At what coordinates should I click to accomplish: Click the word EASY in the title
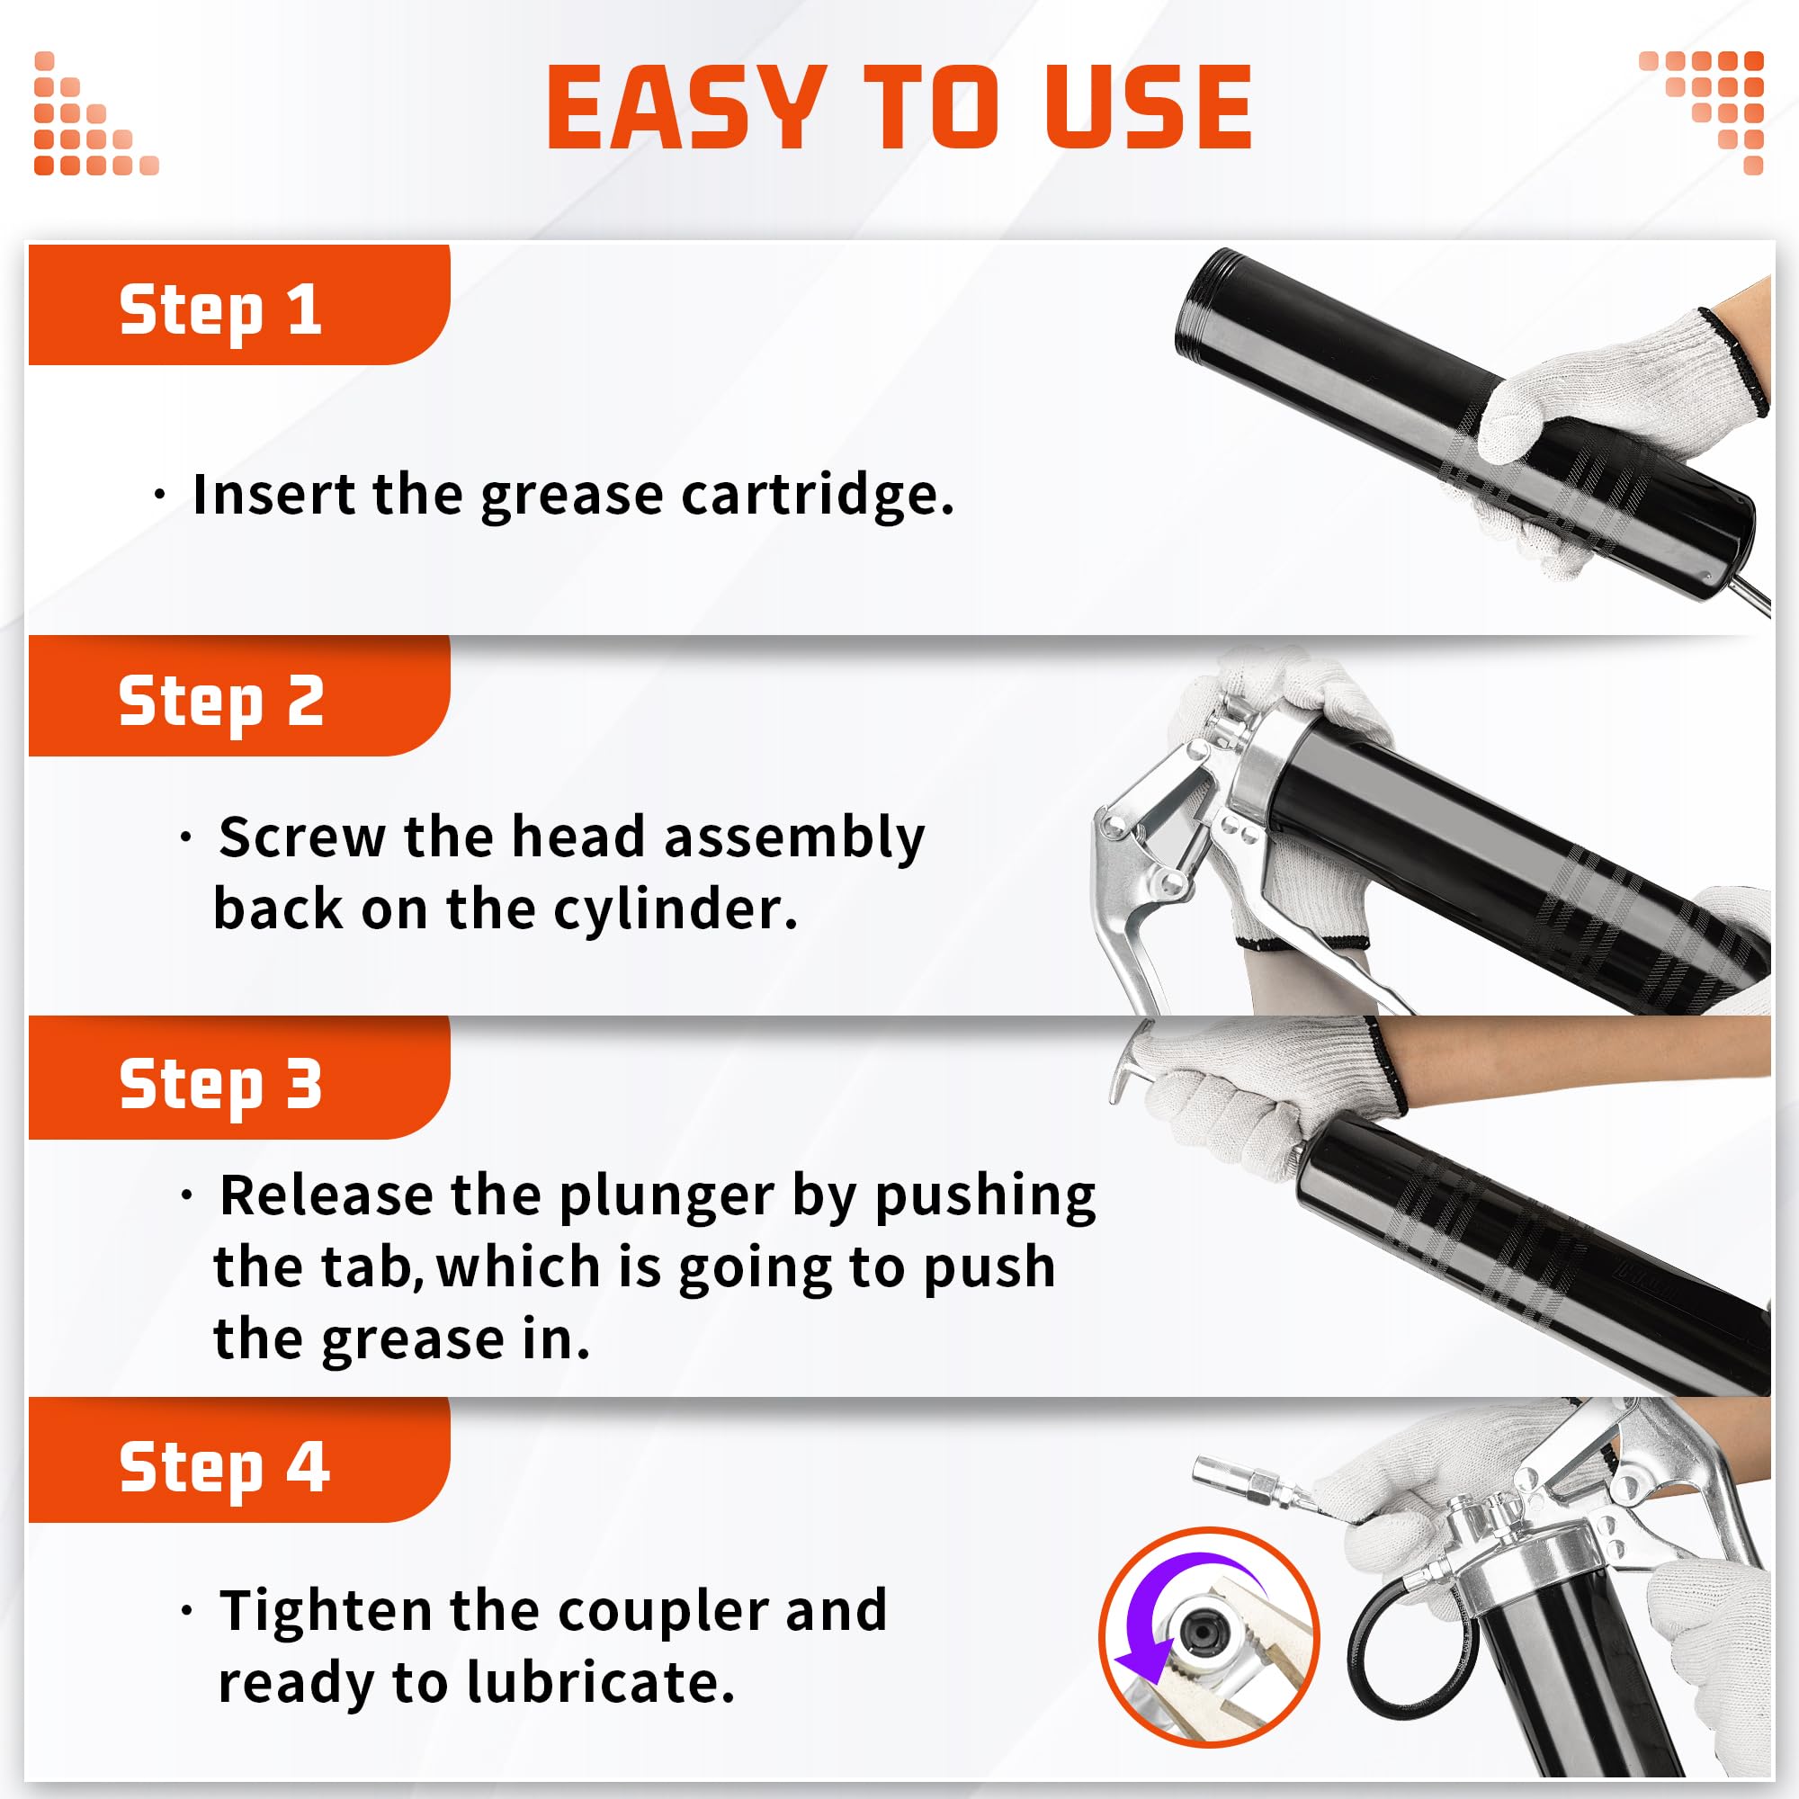pyautogui.click(x=686, y=108)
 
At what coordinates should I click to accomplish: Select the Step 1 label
pyautogui.click(x=220, y=309)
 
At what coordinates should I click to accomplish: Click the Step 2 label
pyautogui.click(x=220, y=702)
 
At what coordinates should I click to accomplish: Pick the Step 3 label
pyautogui.click(x=220, y=1084)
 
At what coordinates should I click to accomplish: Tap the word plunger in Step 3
pyautogui.click(x=666, y=1196)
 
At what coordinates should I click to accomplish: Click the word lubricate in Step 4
pyautogui.click(x=600, y=1683)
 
